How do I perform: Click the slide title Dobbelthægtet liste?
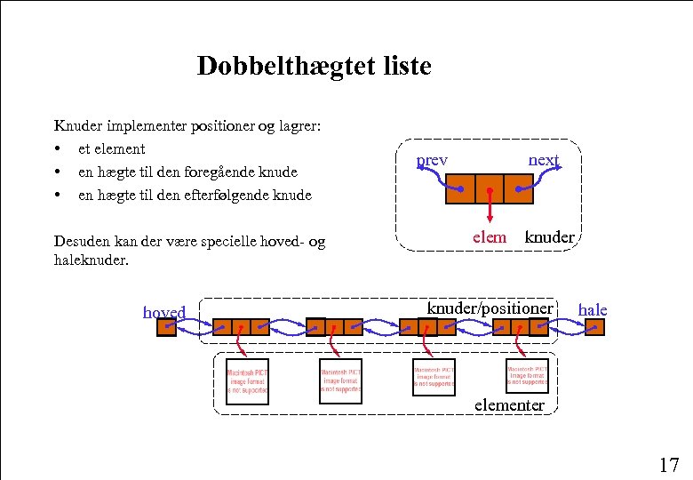[314, 66]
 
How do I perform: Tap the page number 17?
[668, 464]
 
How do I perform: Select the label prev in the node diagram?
[433, 160]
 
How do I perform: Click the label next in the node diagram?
[544, 160]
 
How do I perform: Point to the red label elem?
[490, 236]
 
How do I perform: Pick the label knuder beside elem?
[550, 236]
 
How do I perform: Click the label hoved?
[164, 312]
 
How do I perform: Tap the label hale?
[593, 309]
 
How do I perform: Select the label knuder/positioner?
[490, 308]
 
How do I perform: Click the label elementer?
[509, 404]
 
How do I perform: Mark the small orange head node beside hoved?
[166, 327]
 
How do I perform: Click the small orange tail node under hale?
[594, 327]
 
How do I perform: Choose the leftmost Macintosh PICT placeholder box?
[247, 381]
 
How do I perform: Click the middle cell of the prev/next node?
[489, 188]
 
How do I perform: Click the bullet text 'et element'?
[111, 148]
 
